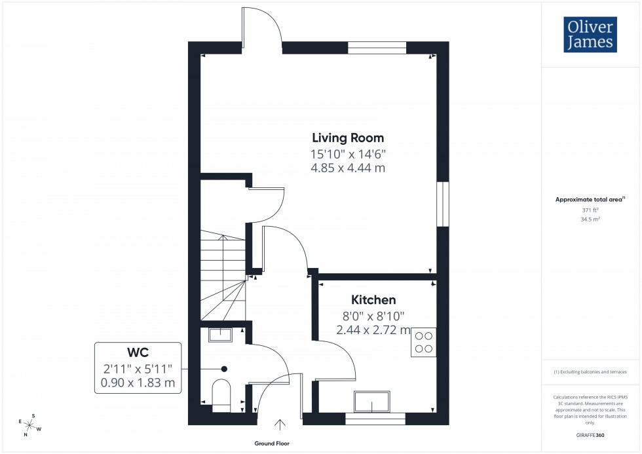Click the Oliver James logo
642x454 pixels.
590,35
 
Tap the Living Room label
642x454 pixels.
348,138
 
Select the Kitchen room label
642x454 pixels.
373,300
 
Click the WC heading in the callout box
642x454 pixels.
138,354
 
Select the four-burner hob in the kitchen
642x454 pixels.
424,342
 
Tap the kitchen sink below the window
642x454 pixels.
371,401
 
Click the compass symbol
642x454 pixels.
30,426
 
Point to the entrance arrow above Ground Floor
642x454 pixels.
282,425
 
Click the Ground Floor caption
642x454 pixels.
273,444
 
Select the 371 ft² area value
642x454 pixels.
590,210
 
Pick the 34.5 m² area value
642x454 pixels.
590,219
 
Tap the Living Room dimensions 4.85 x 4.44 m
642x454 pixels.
348,168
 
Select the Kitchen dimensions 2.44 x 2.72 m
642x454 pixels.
373,330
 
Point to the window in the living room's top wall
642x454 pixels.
377,47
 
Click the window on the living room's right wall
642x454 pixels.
444,204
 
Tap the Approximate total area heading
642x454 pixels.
590,199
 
